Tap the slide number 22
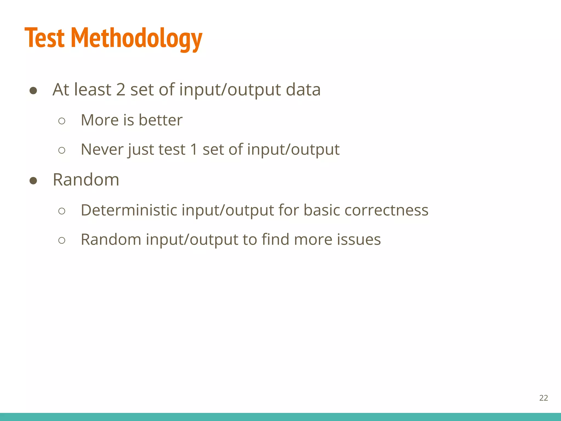[543, 398]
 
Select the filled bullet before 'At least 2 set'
[33, 91]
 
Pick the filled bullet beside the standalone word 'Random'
[33, 181]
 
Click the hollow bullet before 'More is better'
[62, 121]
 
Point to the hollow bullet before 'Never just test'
[62, 150]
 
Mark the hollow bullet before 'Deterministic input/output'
[62, 211]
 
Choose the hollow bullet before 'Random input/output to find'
[62, 240]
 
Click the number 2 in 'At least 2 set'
[121, 90]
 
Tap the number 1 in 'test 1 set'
[194, 150]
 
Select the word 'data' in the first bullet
[303, 90]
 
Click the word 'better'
[161, 120]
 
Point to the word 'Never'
[102, 150]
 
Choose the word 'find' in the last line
[275, 240]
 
